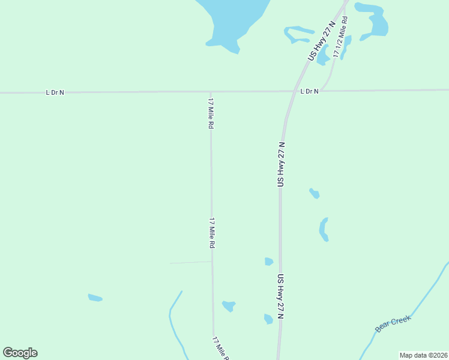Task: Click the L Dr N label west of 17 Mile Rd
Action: click(x=55, y=92)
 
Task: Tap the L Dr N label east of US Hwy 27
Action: click(x=309, y=91)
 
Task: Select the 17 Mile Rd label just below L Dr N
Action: click(x=211, y=114)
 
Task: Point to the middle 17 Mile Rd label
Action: click(x=212, y=233)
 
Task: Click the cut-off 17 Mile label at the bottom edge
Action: click(x=220, y=349)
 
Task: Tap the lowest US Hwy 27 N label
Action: click(x=280, y=296)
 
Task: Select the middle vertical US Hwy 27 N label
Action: click(x=280, y=164)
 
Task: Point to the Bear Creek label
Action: click(x=393, y=324)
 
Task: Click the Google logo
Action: click(x=20, y=353)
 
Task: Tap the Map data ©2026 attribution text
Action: click(x=423, y=355)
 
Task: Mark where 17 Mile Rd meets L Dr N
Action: click(x=210, y=92)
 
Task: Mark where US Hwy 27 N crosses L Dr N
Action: click(x=292, y=91)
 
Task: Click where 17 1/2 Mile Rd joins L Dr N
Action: click(x=322, y=91)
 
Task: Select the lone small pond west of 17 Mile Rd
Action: click(x=95, y=298)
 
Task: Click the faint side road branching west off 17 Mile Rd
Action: click(x=190, y=262)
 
